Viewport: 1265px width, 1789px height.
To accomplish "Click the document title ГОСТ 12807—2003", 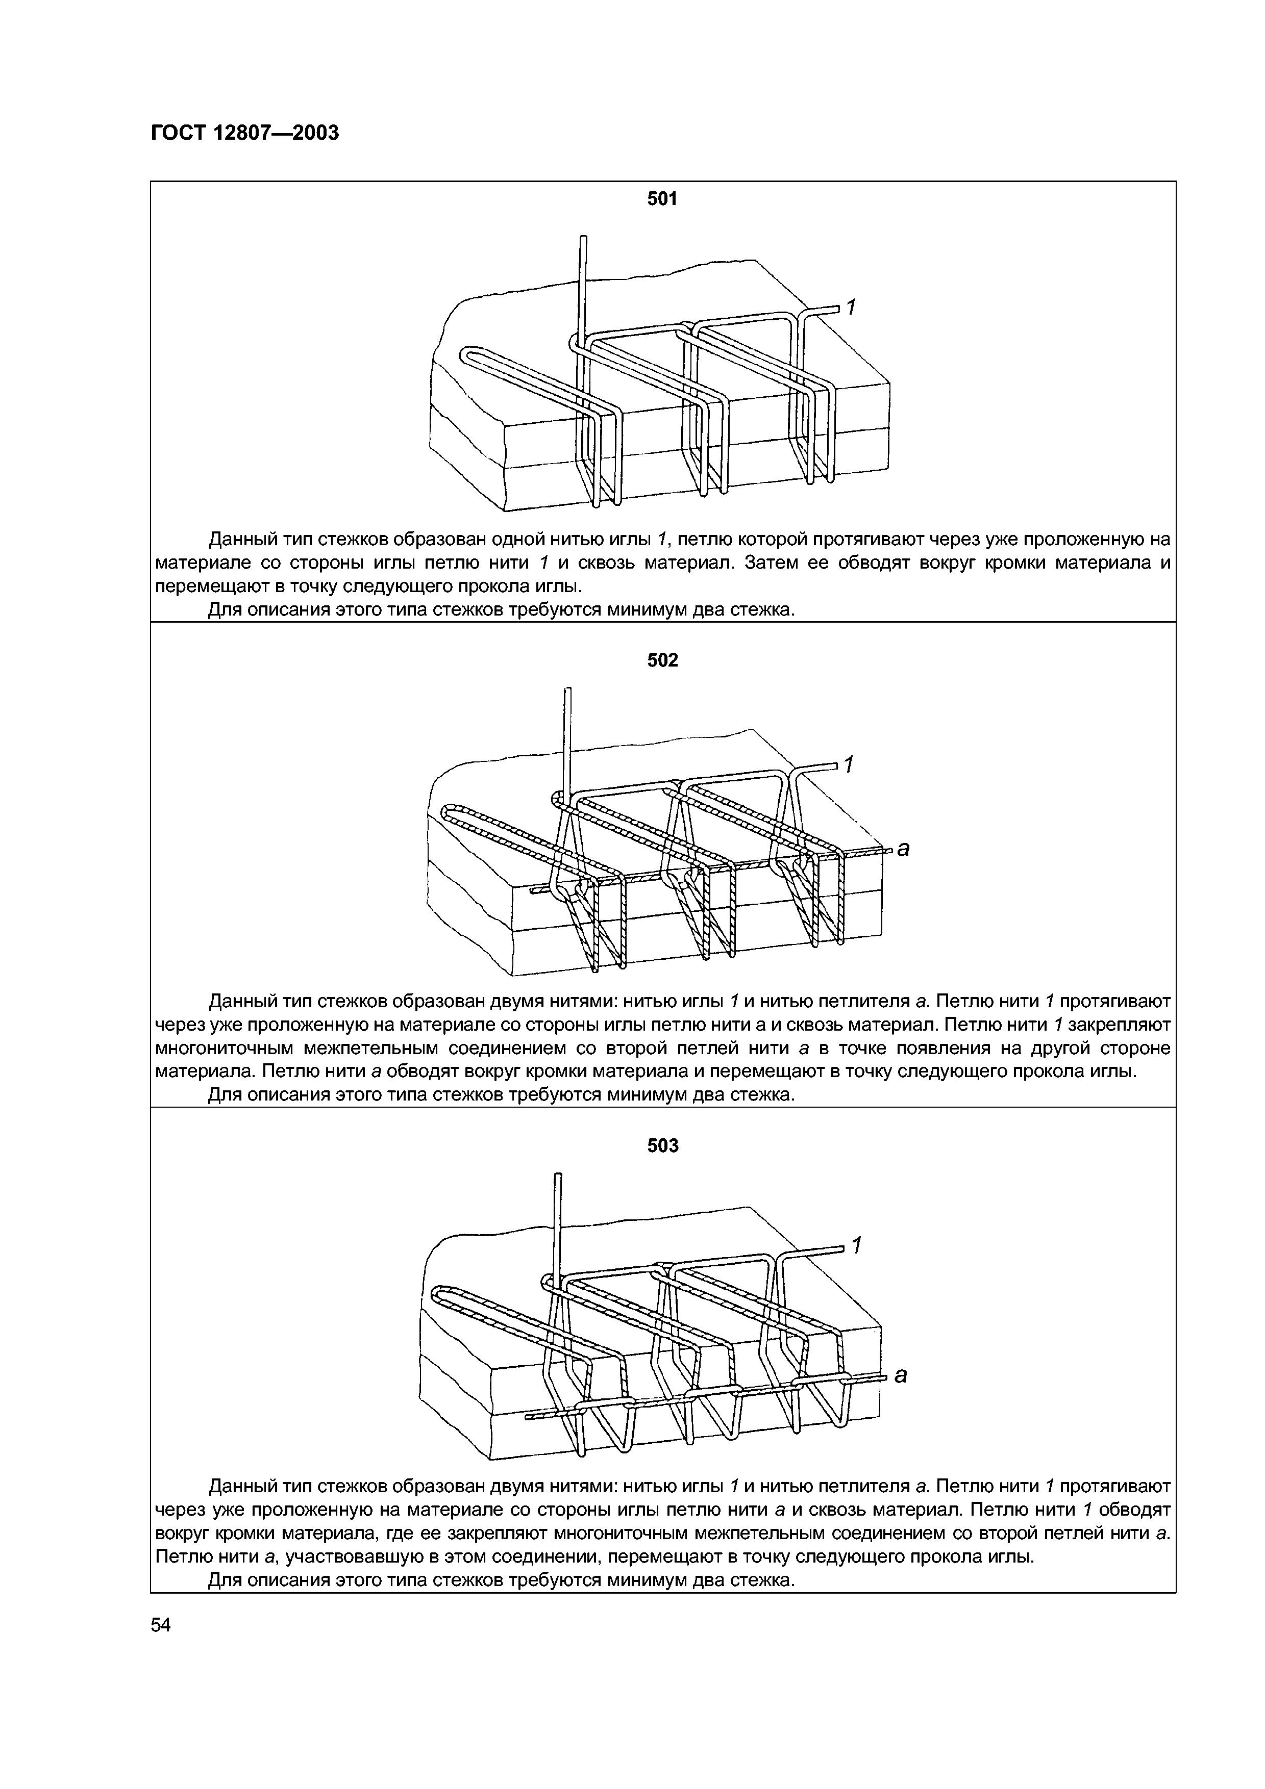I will [245, 133].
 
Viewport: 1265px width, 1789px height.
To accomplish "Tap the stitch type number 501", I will [662, 199].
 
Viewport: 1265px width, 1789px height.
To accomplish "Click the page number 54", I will [161, 1625].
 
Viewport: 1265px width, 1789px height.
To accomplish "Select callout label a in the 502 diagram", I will [903, 849].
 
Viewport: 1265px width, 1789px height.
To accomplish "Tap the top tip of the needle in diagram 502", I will [568, 689].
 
